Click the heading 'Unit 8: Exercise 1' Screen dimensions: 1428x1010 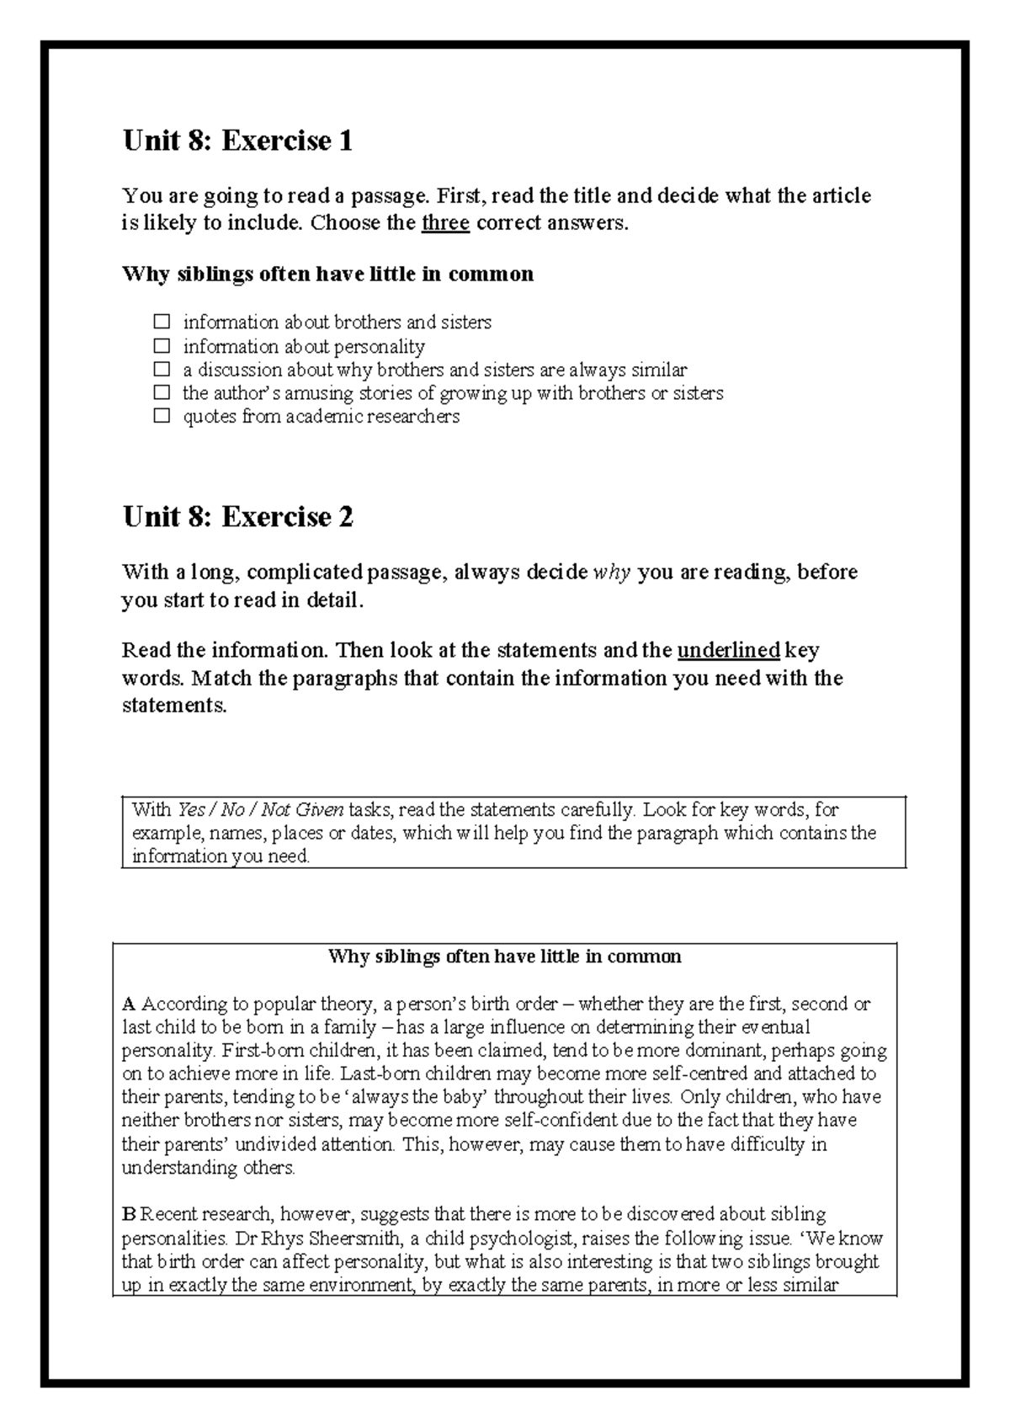pos(237,141)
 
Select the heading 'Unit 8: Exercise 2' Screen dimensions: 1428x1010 pos(237,517)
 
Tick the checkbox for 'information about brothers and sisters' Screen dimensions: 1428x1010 pos(162,322)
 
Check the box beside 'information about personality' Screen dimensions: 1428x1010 pos(162,346)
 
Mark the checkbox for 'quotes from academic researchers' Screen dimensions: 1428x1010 pos(162,416)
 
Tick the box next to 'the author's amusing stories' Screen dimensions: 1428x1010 pos(162,392)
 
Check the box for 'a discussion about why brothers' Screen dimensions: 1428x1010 pos(162,369)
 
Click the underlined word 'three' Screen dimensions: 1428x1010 pos(445,223)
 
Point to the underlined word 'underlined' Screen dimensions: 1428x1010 pos(729,650)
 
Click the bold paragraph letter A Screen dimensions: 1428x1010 pos(129,1004)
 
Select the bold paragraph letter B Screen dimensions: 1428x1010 pos(129,1214)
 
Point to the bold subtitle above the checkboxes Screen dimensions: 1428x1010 pos(327,274)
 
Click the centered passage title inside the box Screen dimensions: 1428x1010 pos(504,956)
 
